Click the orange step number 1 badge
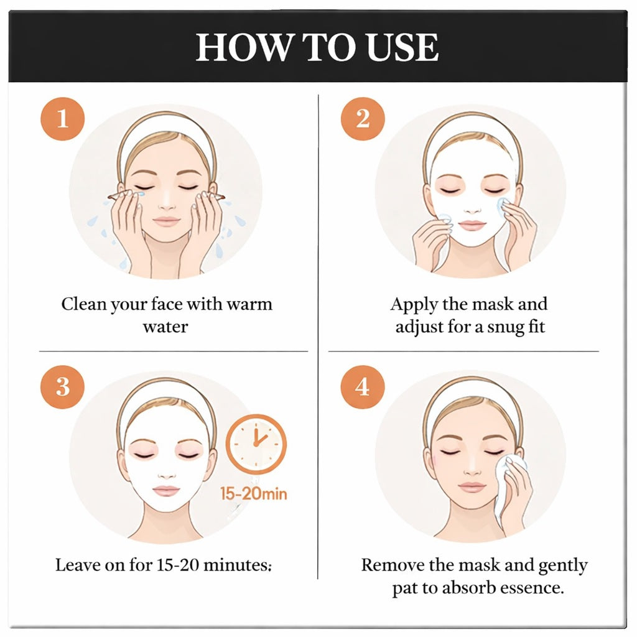[x=62, y=118]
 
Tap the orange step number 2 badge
[x=363, y=118]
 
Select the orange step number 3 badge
[x=62, y=386]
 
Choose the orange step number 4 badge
[x=363, y=386]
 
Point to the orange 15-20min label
[x=254, y=495]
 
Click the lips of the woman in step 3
[x=167, y=491]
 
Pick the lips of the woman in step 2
[x=471, y=224]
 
